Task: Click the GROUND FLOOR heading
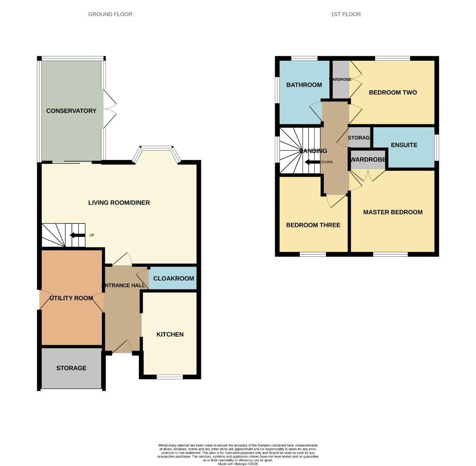pyautogui.click(x=110, y=14)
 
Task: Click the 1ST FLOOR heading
pyautogui.click(x=345, y=14)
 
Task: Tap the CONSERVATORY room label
pyautogui.click(x=71, y=111)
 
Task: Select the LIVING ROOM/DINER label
pyautogui.click(x=119, y=203)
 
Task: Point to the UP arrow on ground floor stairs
pyautogui.click(x=78, y=235)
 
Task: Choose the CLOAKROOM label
pyautogui.click(x=173, y=278)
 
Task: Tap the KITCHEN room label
pyautogui.click(x=170, y=334)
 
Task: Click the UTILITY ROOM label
pyautogui.click(x=71, y=298)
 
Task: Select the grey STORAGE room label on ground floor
pyautogui.click(x=71, y=368)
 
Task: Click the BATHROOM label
pyautogui.click(x=304, y=85)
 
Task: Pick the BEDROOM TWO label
pyautogui.click(x=393, y=92)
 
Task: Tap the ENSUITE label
pyautogui.click(x=404, y=145)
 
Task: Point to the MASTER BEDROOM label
pyautogui.click(x=393, y=212)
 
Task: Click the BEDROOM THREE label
pyautogui.click(x=313, y=225)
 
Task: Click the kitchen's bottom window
pyautogui.click(x=169, y=377)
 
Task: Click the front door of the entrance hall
pyautogui.click(x=122, y=348)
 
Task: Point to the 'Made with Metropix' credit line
pyautogui.click(x=238, y=464)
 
